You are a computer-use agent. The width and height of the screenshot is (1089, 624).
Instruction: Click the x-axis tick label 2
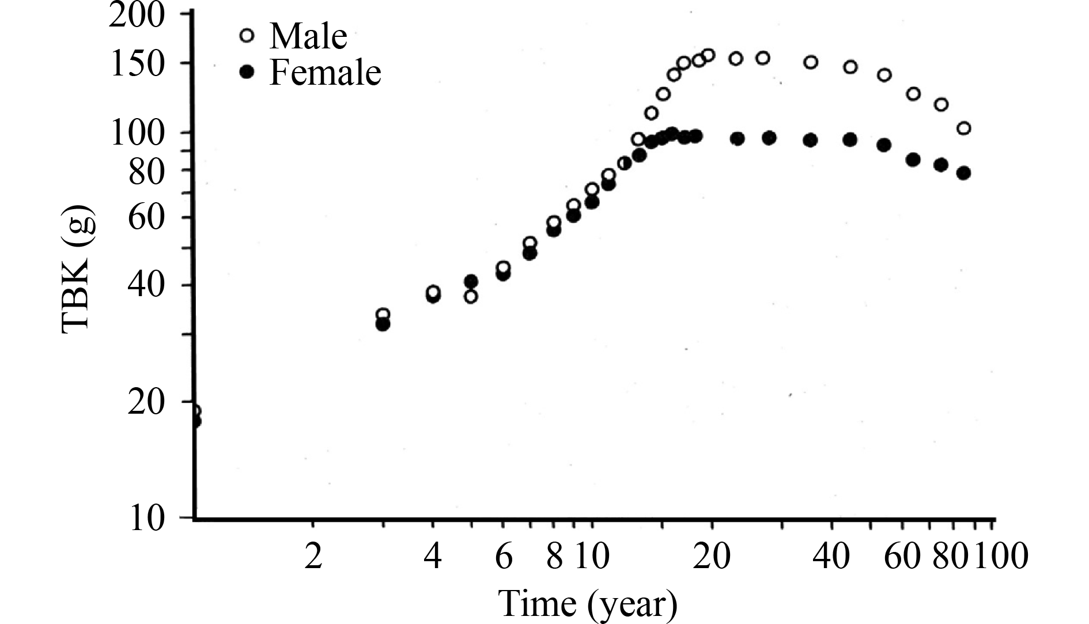point(313,557)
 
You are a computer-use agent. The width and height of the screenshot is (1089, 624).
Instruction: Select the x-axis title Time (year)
point(587,603)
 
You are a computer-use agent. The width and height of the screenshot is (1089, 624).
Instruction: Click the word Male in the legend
point(308,36)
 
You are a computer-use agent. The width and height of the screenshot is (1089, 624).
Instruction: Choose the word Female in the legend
point(325,73)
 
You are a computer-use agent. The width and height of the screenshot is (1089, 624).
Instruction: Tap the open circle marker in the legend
point(247,36)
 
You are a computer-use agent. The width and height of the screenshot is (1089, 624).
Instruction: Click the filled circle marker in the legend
point(247,72)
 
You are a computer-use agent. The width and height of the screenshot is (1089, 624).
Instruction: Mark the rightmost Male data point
point(963,128)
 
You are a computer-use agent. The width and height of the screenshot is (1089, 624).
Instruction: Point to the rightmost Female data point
point(963,173)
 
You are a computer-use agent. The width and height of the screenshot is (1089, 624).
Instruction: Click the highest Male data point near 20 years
point(708,55)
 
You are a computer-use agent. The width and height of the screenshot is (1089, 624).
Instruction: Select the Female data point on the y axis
point(195,421)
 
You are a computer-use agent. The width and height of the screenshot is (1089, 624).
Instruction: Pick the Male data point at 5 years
point(471,297)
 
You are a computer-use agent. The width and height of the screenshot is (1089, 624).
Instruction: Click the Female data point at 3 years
point(383,324)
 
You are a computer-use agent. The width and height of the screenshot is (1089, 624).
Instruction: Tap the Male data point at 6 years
point(503,267)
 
